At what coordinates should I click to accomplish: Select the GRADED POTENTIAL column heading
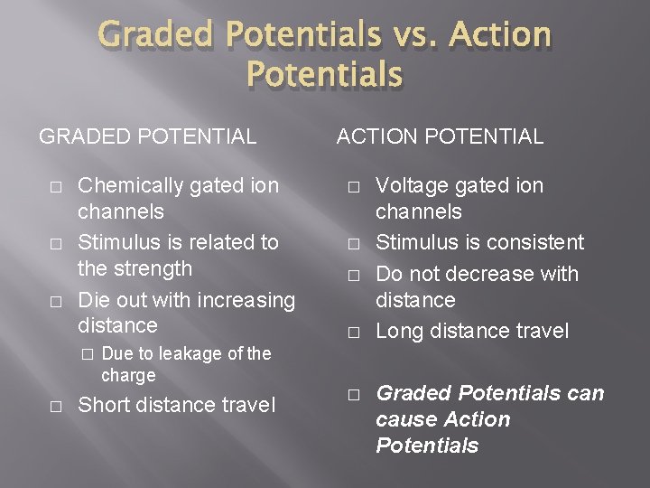[x=147, y=137]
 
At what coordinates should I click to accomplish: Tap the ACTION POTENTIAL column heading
[x=440, y=137]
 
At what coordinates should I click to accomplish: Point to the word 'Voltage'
[x=411, y=186]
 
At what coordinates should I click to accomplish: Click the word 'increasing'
[x=247, y=299]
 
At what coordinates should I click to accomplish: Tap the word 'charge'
[x=128, y=375]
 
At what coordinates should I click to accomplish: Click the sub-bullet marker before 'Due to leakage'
[x=86, y=354]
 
